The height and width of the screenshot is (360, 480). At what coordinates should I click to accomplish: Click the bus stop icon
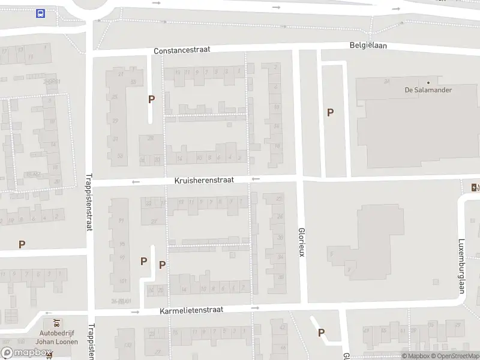tap(40, 14)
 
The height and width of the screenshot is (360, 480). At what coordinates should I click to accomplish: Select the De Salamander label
tap(428, 90)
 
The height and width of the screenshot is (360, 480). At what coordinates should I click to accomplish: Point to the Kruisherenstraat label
tap(203, 180)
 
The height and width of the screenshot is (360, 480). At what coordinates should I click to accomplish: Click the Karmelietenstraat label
tap(191, 310)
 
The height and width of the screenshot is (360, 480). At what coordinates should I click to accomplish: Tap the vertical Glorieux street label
tap(302, 242)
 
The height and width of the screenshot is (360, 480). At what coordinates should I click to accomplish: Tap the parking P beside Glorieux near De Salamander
tap(330, 112)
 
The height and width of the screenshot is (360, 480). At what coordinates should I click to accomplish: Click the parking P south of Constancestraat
tap(152, 99)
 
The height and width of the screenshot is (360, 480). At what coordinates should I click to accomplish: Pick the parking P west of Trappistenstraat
tap(22, 244)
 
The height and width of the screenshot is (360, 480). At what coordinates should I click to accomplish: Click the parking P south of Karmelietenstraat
tap(321, 332)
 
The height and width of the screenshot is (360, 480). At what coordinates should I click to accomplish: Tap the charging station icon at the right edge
tap(475, 187)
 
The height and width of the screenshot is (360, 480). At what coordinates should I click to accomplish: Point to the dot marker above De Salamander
tap(428, 82)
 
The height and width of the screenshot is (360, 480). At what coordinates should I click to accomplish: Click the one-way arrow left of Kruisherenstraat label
tap(136, 182)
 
